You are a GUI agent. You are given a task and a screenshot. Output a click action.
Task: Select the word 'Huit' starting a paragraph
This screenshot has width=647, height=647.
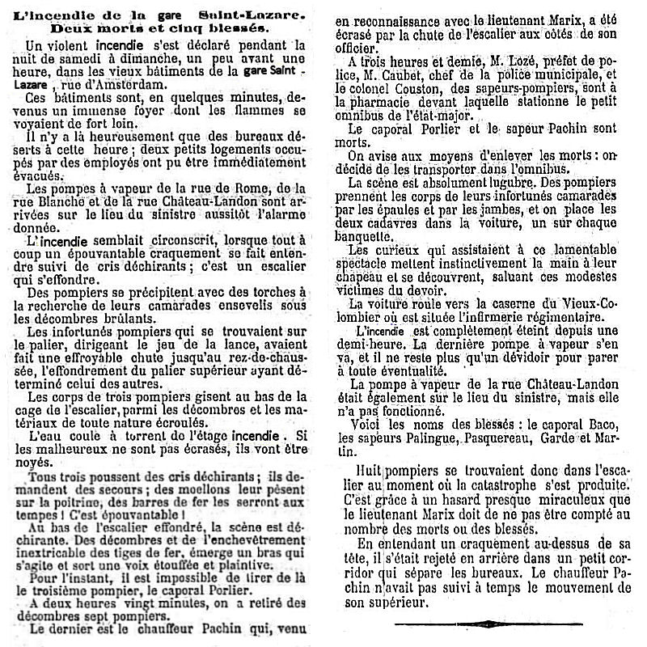click(365, 468)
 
